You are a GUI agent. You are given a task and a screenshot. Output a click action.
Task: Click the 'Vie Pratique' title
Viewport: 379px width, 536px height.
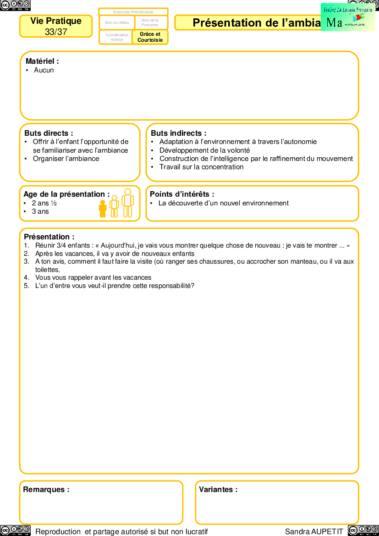[x=56, y=21]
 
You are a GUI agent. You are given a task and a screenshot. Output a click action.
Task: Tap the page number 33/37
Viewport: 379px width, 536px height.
[x=56, y=32]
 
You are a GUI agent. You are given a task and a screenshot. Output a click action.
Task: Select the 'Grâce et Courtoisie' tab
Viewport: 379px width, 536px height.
[x=150, y=37]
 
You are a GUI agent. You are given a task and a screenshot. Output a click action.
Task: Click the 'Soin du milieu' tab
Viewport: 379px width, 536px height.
[x=117, y=22]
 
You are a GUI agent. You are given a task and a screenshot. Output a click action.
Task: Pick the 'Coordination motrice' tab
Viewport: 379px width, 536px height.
[x=117, y=37]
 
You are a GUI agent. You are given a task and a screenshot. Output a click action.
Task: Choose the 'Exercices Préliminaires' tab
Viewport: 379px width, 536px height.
[x=133, y=12]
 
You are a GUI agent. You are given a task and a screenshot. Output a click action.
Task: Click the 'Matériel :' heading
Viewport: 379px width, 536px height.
[x=42, y=61]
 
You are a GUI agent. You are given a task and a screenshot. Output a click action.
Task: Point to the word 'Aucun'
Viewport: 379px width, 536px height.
[x=44, y=70]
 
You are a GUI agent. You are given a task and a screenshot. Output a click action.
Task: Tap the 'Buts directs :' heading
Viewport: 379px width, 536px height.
[x=49, y=133]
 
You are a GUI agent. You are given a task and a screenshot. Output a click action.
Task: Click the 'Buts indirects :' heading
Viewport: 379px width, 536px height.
[x=179, y=133]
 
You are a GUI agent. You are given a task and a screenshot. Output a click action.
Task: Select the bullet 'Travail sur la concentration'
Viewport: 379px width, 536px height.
[x=201, y=167]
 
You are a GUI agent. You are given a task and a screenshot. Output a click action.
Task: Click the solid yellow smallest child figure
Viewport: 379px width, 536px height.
[x=103, y=209]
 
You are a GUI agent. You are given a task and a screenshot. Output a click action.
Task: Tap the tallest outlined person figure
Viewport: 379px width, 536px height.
[x=128, y=203]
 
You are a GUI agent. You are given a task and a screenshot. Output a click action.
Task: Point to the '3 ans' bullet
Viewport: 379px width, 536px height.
[x=40, y=211]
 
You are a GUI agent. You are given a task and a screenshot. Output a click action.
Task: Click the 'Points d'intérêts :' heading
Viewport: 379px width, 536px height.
[x=182, y=194]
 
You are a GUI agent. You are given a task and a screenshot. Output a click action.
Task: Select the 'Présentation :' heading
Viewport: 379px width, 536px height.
[x=49, y=237]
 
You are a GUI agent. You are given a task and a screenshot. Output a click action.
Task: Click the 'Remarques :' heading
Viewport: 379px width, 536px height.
[x=46, y=489]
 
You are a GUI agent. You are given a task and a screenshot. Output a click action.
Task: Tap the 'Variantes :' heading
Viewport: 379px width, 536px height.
[x=218, y=489]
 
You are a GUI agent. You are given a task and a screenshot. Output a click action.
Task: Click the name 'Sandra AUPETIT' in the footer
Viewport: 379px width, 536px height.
[x=314, y=531]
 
